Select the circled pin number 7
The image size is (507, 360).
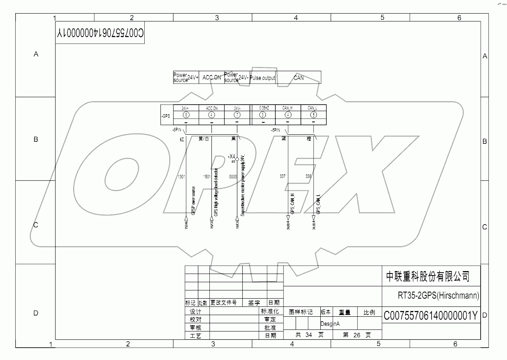point(237,115)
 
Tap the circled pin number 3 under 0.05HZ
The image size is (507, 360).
point(263,115)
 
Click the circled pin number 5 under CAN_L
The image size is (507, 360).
point(313,115)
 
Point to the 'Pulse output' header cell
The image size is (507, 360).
point(263,78)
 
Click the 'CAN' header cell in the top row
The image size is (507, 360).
point(298,77)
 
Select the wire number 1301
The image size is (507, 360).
point(181,177)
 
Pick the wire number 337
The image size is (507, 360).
point(282,176)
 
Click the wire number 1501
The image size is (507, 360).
point(207,177)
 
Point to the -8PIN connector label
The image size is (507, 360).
point(177,130)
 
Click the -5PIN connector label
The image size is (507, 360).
point(276,130)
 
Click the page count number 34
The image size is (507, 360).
point(308,335)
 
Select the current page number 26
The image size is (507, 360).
point(357,335)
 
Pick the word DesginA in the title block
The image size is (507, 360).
point(330,324)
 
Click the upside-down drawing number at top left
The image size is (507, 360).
point(100,33)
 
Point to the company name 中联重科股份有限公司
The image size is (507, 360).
point(427,276)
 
